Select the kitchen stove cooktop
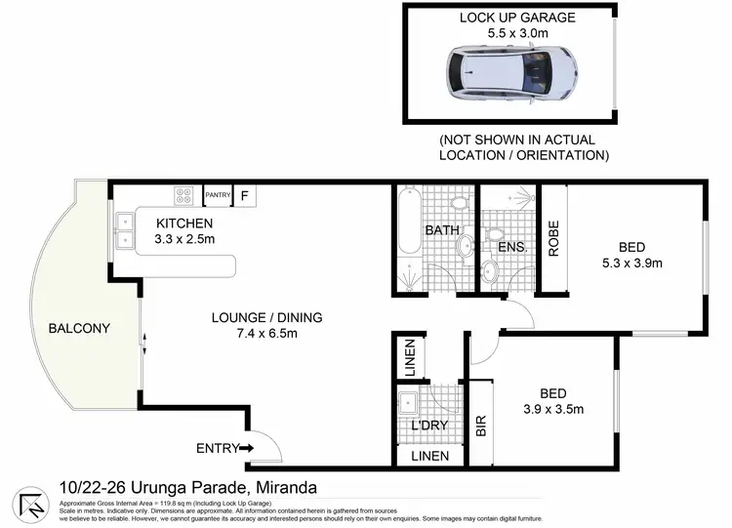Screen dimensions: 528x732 coord(185,196)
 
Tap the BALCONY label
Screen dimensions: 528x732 coord(79,328)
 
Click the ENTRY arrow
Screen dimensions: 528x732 coord(244,448)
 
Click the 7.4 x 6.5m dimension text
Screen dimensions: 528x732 coord(267,334)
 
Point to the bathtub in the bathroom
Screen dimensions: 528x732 coord(409,239)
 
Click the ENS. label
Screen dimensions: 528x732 coord(512,248)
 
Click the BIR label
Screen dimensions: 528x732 coord(479,425)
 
